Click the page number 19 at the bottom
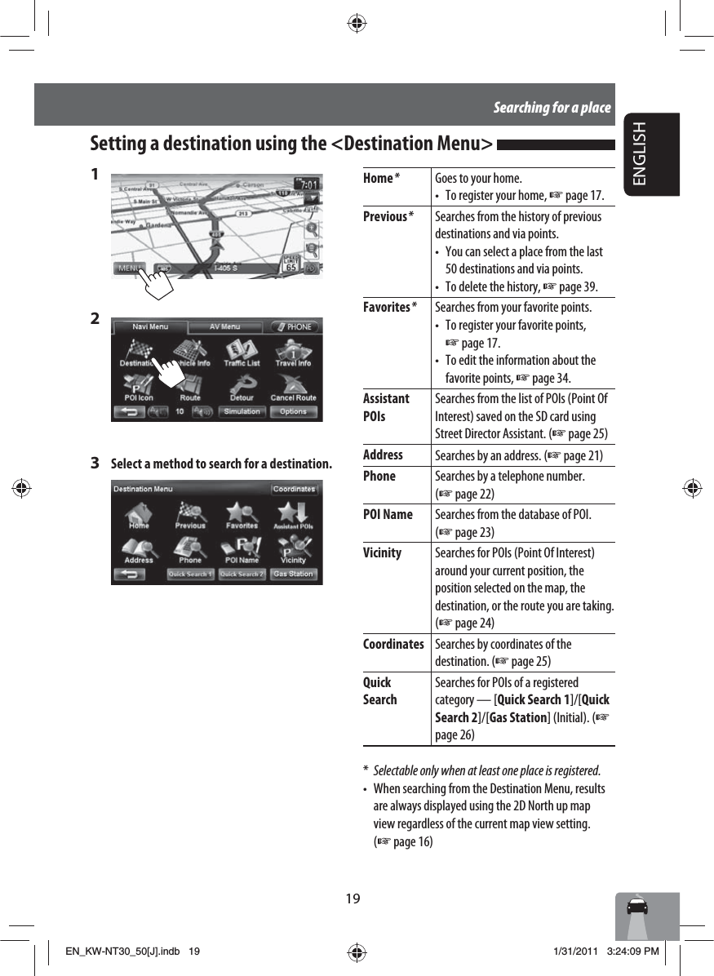coord(353,898)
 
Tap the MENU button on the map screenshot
coord(129,267)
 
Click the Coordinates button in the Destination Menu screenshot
coord(294,489)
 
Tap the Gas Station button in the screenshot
coord(293,575)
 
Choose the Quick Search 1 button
coord(190,575)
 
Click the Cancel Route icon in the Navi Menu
coord(293,387)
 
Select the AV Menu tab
coord(224,326)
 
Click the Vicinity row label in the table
coord(382,552)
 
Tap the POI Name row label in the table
coord(388,514)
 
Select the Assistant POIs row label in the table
coord(386,406)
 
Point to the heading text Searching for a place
coord(552,108)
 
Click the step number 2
coord(95,317)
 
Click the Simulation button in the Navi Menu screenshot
coord(242,411)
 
